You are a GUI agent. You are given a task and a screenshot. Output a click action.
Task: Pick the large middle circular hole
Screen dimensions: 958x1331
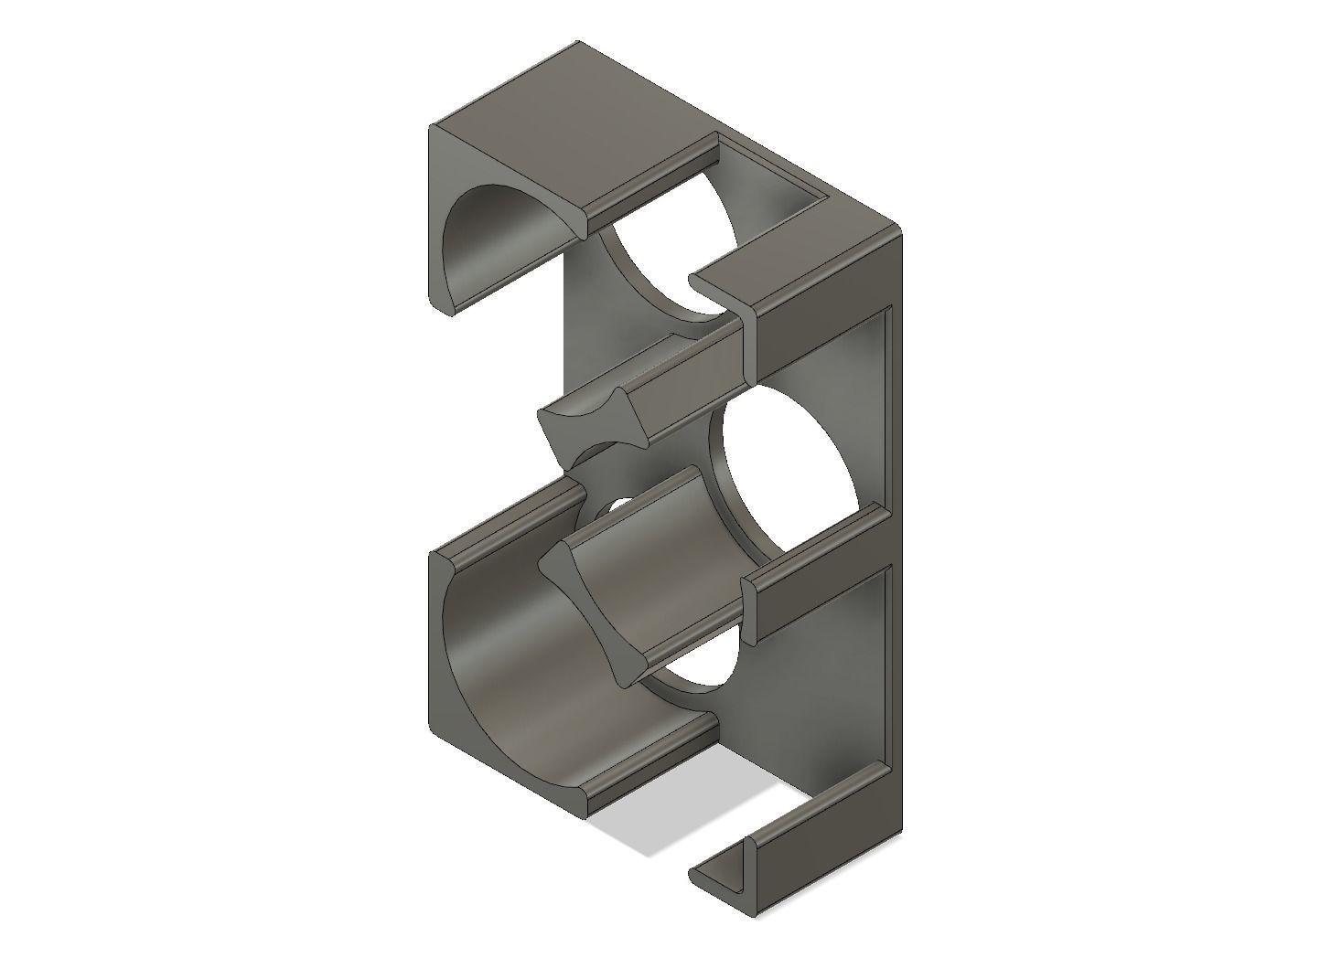[x=787, y=475]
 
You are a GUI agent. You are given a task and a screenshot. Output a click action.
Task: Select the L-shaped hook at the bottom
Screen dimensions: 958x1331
[x=732, y=878]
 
